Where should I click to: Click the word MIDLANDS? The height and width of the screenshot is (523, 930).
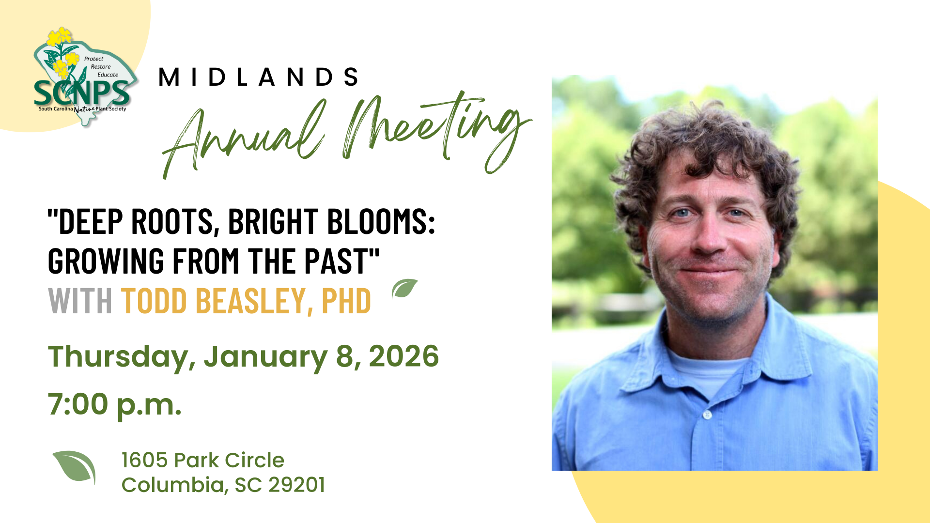coord(259,77)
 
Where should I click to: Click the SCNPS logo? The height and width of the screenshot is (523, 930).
coord(82,77)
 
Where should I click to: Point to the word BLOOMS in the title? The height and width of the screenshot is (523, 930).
coord(381,222)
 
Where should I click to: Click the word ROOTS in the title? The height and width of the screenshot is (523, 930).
coord(172,222)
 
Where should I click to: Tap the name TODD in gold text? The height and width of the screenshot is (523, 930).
coord(154,301)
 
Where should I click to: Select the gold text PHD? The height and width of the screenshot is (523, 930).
coord(346,301)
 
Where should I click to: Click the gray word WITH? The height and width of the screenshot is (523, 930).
coord(80,301)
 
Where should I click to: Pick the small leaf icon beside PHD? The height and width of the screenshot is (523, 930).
coord(404,289)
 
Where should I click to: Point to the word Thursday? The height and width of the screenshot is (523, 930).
coord(121,357)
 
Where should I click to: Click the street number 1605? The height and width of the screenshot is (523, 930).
coord(144,461)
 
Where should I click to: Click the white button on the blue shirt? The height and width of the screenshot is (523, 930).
coord(707,415)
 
